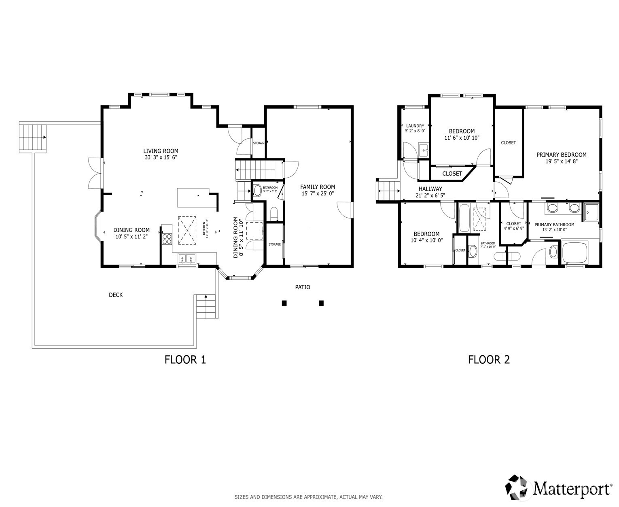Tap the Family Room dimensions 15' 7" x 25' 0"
(x=318, y=194)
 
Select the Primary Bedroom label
(x=561, y=155)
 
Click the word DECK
(x=116, y=295)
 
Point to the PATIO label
(x=303, y=287)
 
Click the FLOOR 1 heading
(x=185, y=359)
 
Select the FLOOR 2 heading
(x=489, y=359)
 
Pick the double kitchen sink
(x=187, y=259)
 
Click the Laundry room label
(x=415, y=126)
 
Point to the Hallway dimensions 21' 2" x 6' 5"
(x=430, y=195)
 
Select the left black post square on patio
(x=284, y=303)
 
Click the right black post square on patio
(x=321, y=303)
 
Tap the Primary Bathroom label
(x=554, y=225)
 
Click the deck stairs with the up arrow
(x=206, y=307)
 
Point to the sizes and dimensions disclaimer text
(x=308, y=497)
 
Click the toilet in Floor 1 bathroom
(x=274, y=213)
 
